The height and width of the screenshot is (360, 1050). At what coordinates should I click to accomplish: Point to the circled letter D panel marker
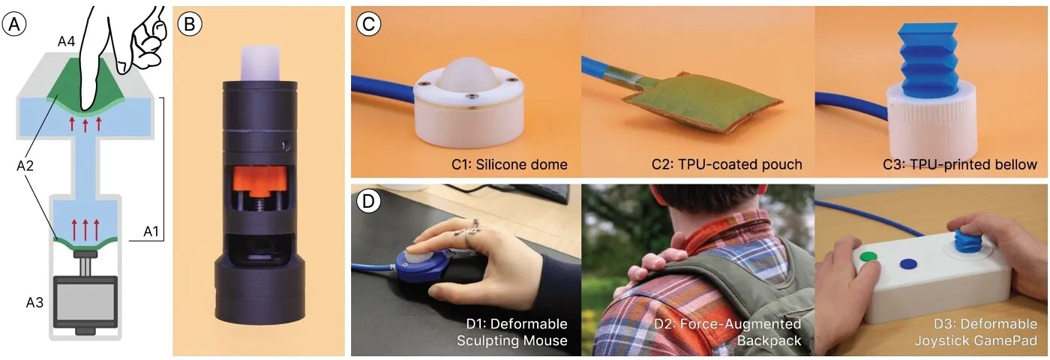[368, 201]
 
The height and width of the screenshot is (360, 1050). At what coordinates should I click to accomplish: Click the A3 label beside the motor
[34, 303]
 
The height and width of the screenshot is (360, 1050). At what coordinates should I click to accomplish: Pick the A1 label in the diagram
[151, 231]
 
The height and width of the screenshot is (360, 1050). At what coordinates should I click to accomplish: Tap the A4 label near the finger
[66, 42]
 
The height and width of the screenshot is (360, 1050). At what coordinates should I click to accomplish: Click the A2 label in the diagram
[25, 166]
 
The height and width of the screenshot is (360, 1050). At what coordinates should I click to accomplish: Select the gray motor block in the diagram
[85, 301]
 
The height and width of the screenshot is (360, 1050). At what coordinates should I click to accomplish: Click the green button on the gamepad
[868, 256]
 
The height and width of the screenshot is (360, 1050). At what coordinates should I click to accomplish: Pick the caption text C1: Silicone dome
[509, 164]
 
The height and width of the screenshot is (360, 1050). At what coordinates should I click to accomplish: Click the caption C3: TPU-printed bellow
[960, 164]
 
